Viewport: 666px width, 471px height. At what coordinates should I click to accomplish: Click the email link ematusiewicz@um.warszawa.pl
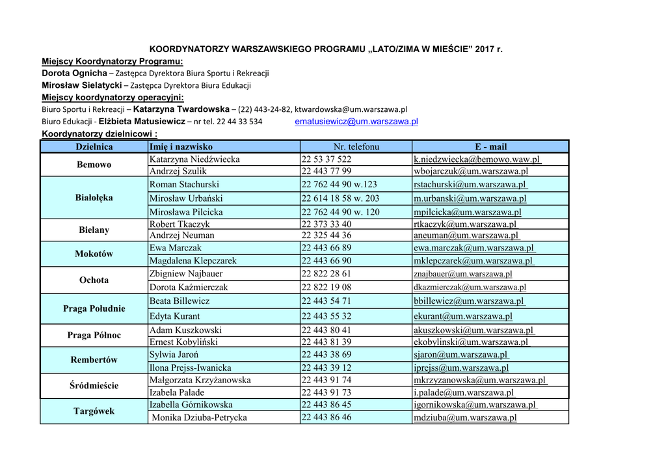pos(356,122)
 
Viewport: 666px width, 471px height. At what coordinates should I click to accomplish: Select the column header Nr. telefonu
pos(356,147)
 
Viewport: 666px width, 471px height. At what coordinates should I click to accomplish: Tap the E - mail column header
pos(490,147)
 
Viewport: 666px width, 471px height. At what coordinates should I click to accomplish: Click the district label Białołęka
pos(94,198)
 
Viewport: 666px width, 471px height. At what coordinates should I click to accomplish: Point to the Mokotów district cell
pos(94,254)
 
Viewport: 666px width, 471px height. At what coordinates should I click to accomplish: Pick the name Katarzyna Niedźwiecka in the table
pos(194,159)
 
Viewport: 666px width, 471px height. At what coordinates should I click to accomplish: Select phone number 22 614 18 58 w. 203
pos(340,198)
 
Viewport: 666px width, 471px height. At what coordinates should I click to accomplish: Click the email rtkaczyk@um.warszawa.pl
pos(465,224)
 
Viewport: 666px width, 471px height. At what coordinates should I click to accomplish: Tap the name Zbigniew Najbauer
pos(186,274)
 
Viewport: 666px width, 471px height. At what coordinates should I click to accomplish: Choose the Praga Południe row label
pos(94,308)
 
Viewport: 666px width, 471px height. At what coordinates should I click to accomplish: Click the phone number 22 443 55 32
pos(326,316)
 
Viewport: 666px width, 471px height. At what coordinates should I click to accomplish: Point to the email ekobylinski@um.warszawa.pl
pos(471,342)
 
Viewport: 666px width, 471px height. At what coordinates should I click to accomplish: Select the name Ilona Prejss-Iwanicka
pos(190,368)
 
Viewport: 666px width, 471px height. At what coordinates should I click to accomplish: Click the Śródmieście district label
pos(94,386)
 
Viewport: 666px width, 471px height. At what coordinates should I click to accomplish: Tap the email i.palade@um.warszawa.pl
pos(463,393)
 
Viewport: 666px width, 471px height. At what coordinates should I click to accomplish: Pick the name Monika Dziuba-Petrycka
pos(199,418)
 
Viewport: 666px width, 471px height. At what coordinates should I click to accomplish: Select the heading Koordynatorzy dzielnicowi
pos(100,134)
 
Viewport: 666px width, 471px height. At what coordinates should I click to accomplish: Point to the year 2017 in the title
pos(485,49)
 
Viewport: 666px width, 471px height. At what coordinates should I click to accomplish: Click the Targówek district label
pos(94,411)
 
